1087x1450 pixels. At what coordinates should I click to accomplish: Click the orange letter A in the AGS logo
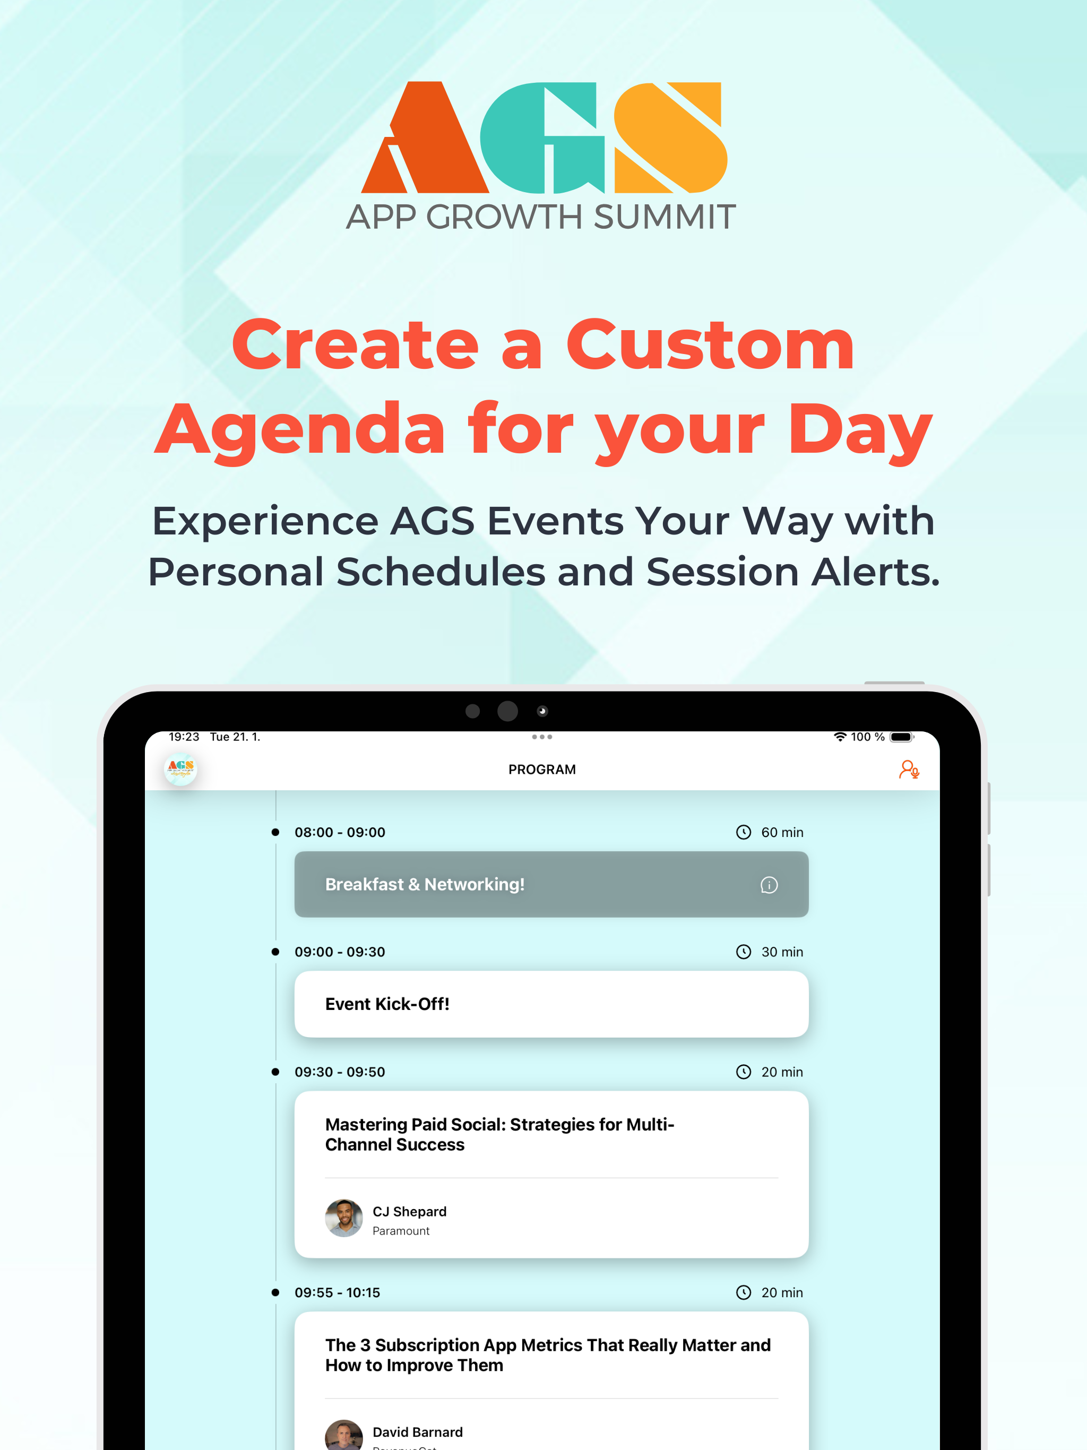coord(426,137)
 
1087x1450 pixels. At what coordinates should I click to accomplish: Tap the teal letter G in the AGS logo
coord(543,137)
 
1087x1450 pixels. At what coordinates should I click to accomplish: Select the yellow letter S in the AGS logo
coord(670,137)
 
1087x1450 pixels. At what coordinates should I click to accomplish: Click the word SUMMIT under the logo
coord(665,217)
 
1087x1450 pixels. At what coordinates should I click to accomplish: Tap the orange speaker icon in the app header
coord(909,770)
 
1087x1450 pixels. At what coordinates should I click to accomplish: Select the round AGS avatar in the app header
coord(180,769)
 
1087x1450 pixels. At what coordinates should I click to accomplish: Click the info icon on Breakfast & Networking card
coord(769,885)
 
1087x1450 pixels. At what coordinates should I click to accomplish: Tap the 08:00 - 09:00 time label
coord(340,833)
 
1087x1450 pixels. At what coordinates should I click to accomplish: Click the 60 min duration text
coord(782,833)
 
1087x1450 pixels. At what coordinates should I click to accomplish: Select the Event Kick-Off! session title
coord(387,1004)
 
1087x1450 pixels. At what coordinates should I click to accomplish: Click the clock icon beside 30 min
coord(744,952)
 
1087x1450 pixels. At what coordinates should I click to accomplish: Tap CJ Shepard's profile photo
coord(344,1219)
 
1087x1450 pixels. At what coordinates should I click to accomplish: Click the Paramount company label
coord(401,1231)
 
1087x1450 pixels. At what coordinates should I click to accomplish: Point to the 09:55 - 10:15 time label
coord(337,1293)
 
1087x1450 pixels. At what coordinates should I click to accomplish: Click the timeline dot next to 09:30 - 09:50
coord(275,1072)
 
